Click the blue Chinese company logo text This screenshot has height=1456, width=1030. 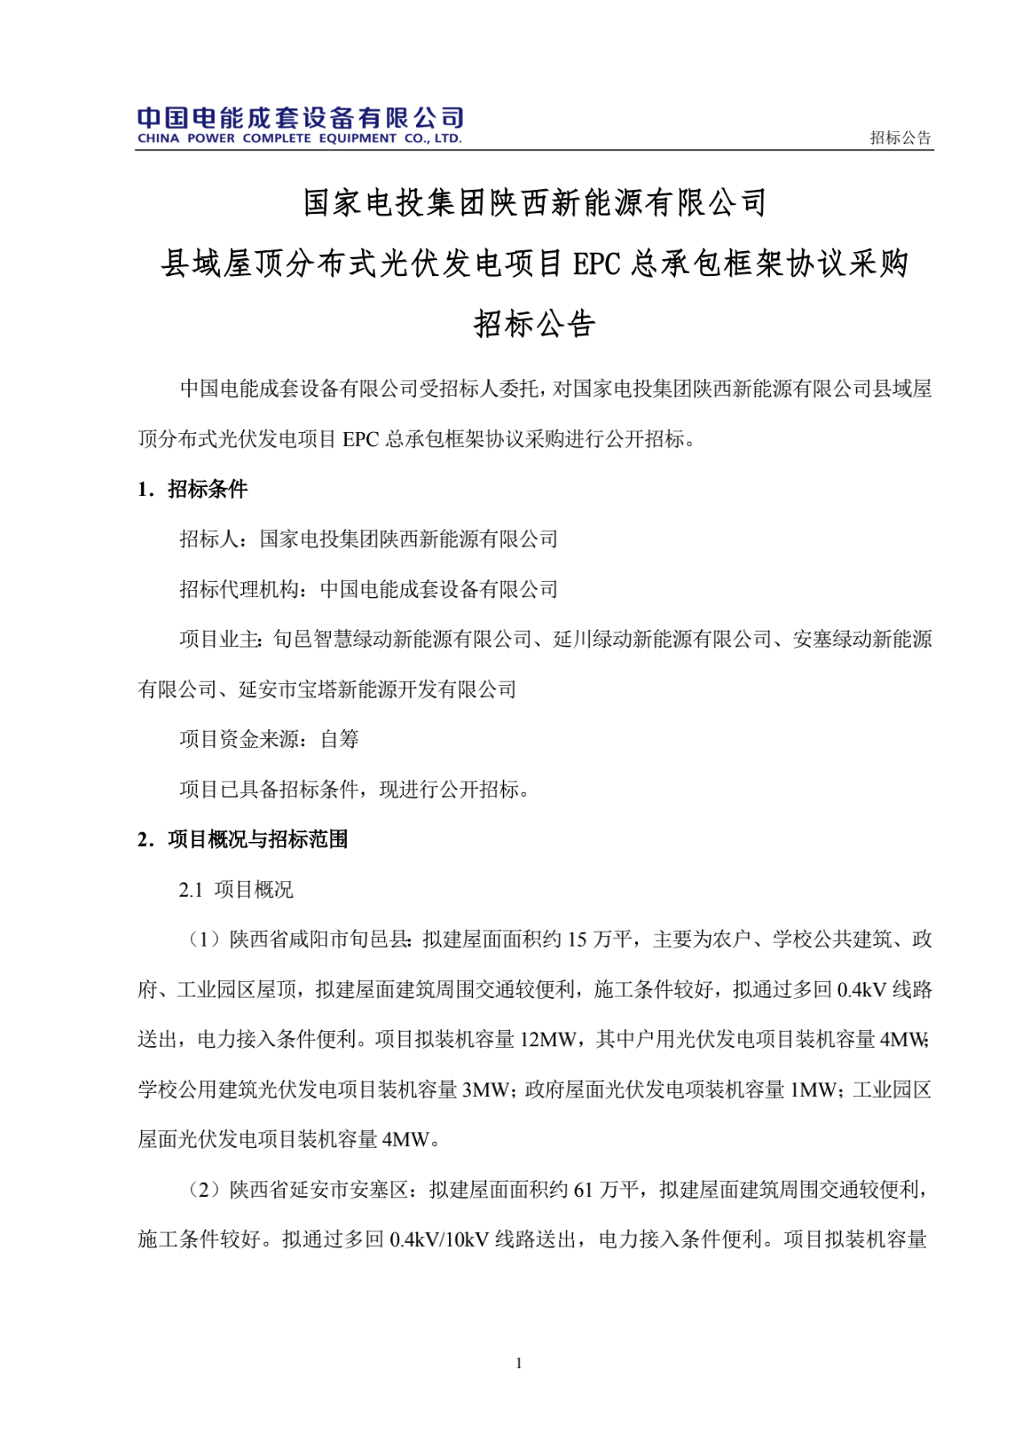(x=300, y=118)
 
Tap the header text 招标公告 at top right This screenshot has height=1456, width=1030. (x=900, y=138)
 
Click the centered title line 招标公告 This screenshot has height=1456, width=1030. (x=534, y=324)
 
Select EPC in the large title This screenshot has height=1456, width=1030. (x=596, y=264)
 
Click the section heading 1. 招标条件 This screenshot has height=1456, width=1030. (x=193, y=489)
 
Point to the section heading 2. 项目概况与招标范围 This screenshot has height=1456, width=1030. (x=243, y=839)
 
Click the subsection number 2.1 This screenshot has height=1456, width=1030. (x=191, y=890)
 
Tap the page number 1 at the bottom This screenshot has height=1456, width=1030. (x=519, y=1363)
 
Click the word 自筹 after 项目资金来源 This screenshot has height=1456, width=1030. (x=340, y=739)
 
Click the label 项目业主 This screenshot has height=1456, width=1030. (x=219, y=639)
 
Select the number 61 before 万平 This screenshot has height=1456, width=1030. (x=583, y=1190)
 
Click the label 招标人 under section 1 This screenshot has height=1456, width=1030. (x=209, y=539)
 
